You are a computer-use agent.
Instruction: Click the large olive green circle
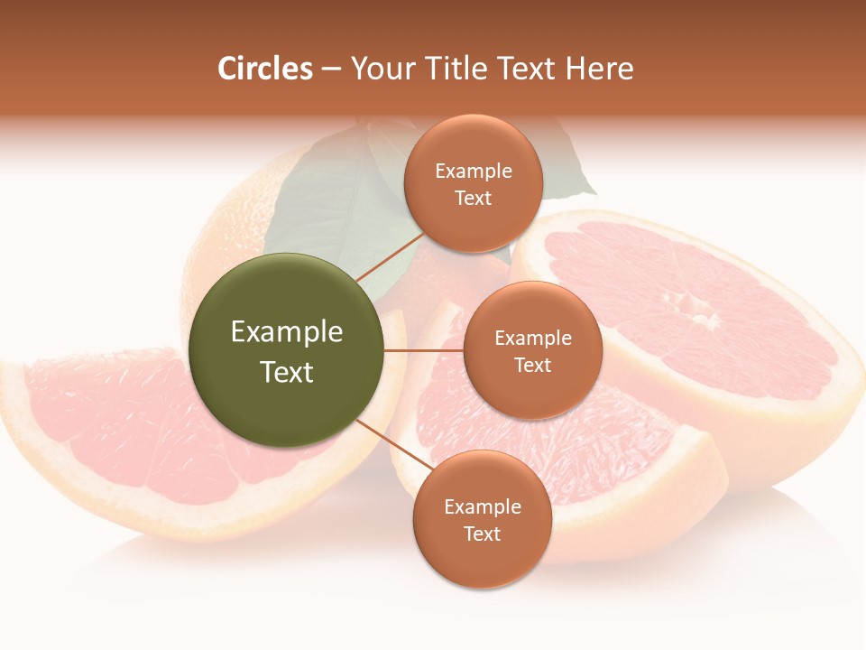[x=286, y=350]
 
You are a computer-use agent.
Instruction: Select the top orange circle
[x=474, y=183]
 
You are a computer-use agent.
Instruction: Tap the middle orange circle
[x=532, y=350]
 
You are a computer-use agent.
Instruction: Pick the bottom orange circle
[x=482, y=519]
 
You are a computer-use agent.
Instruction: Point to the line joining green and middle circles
[x=423, y=350]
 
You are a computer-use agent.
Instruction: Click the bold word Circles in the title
[x=265, y=69]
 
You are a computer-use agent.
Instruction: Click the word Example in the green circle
[x=287, y=332]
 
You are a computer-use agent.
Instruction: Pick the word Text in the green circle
[x=287, y=372]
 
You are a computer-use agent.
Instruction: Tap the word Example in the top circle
[x=474, y=171]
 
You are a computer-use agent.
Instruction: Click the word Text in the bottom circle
[x=482, y=534]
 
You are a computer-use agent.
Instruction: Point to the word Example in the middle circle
[x=533, y=339]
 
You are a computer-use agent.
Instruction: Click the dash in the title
[x=331, y=69]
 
